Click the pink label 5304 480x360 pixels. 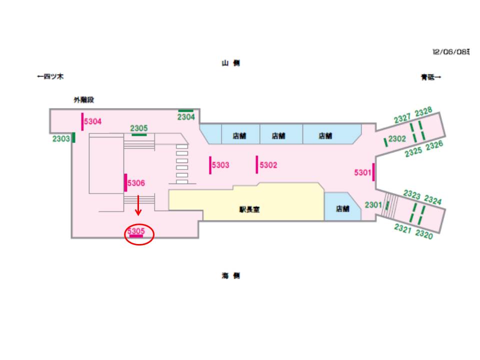93,121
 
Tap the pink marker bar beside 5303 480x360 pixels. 210,165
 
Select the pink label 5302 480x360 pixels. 268,165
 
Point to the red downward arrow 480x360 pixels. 138,205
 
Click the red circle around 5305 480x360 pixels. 138,234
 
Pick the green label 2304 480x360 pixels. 186,117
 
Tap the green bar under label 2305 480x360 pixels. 139,134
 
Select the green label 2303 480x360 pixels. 61,139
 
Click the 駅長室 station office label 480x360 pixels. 249,210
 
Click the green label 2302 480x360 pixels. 397,139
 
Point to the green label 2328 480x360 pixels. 423,111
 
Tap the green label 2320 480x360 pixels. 424,235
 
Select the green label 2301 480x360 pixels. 373,204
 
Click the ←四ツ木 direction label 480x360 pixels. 50,77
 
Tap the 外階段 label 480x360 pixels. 84,100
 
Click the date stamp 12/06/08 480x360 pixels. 450,51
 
